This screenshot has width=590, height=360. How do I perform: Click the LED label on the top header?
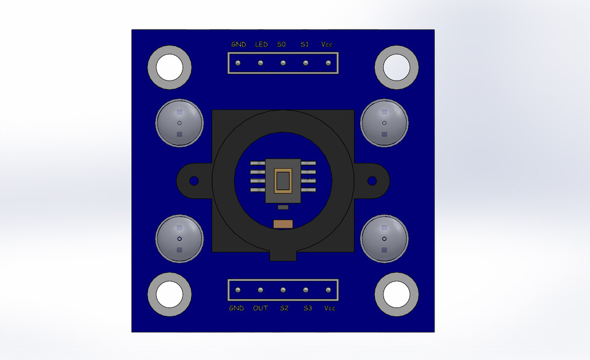click(261, 45)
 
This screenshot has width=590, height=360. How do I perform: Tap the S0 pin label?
click(282, 45)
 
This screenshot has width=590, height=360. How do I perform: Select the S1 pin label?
click(305, 45)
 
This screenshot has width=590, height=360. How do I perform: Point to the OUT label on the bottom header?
click(261, 308)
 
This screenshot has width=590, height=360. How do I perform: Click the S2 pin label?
click(283, 308)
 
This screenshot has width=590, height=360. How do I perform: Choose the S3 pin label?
click(307, 308)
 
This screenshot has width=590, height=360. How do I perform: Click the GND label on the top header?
click(238, 45)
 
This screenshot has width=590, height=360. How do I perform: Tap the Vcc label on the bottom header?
click(329, 308)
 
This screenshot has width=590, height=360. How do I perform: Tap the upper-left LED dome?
click(179, 123)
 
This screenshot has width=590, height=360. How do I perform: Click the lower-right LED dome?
click(384, 238)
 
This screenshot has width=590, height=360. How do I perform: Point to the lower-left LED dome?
click(179, 238)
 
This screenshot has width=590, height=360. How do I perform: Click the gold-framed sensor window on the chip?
click(283, 181)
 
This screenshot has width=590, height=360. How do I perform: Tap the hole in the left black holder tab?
click(194, 181)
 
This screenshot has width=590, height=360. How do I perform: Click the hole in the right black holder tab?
click(372, 181)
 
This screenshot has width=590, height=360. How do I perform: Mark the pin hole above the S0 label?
click(283, 63)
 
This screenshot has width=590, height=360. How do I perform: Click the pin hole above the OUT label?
click(261, 290)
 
